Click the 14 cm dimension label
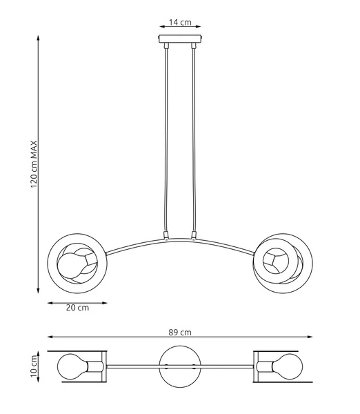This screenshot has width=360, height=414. tap(180, 22)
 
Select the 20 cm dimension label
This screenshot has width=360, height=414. tap(77, 308)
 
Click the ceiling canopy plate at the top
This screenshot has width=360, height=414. tap(180, 40)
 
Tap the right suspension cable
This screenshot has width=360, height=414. tap(195, 138)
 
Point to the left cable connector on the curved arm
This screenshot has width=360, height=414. tap(166, 235)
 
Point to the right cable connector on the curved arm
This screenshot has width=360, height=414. tap(195, 235)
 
